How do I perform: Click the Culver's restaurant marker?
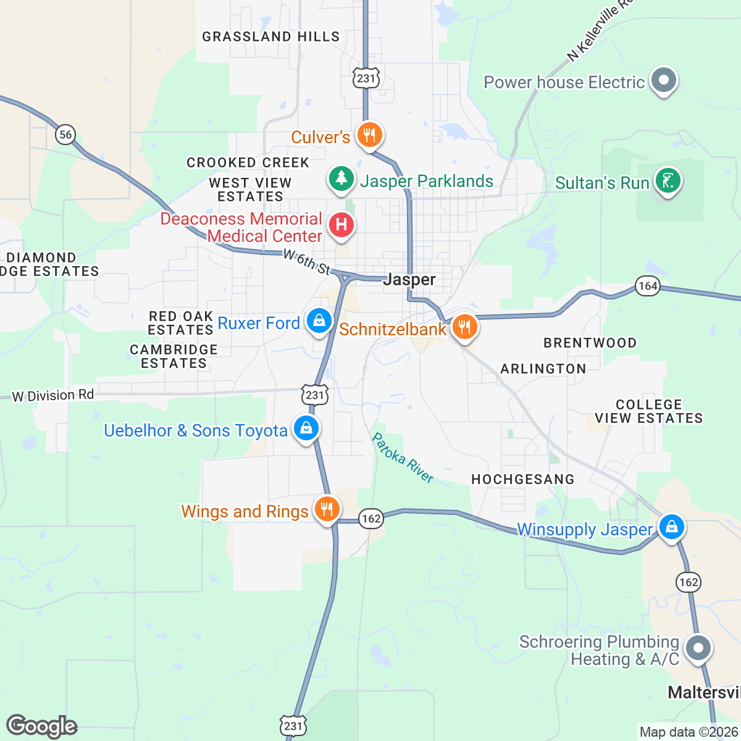369,135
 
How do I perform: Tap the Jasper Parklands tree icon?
341,179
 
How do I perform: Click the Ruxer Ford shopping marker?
319,322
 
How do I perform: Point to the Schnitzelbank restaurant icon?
464,327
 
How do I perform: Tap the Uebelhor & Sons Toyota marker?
305,428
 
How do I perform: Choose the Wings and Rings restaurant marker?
327,509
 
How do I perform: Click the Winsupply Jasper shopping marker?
671,527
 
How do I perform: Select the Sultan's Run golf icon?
668,181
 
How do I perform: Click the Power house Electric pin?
664,80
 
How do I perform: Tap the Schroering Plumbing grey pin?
698,648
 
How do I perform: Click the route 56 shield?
65,134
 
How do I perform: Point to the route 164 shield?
648,286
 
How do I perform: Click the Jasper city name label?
409,280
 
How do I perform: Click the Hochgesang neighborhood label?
522,479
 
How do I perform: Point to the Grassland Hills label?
271,37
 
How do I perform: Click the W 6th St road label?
307,262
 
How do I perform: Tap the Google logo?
41,726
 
